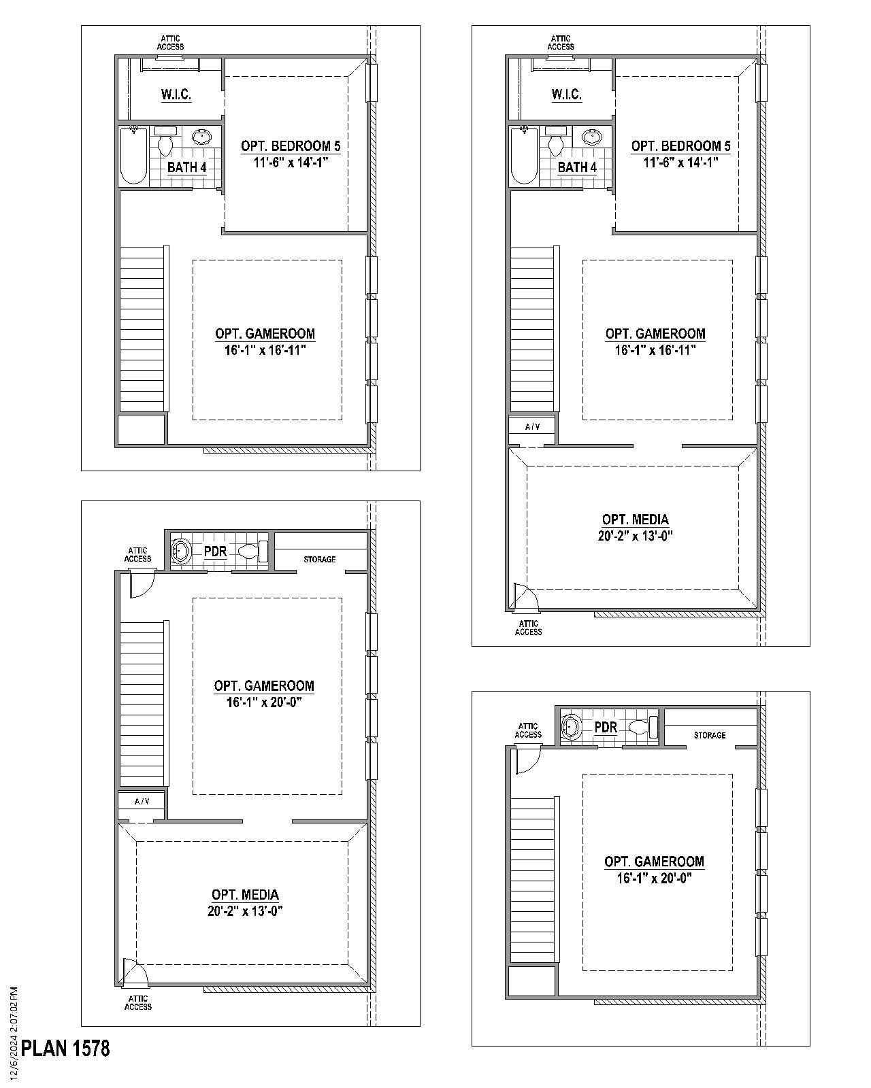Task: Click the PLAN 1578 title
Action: tap(65, 1048)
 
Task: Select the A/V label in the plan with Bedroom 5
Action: tap(532, 426)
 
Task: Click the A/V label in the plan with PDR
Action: tap(142, 801)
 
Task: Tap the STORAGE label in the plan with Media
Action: tap(319, 559)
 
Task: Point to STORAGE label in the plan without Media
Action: tap(709, 735)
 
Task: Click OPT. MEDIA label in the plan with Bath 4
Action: tap(635, 520)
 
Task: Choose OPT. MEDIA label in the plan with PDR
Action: tap(245, 895)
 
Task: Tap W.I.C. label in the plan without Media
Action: tap(176, 94)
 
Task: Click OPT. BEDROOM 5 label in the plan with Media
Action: tap(680, 146)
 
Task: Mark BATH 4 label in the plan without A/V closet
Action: tap(187, 167)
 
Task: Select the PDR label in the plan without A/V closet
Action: tap(606, 727)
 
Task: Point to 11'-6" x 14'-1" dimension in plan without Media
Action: tap(291, 163)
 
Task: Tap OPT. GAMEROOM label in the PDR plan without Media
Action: tap(654, 861)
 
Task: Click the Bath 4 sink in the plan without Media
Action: tap(201, 137)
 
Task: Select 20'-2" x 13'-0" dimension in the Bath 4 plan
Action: tap(635, 536)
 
